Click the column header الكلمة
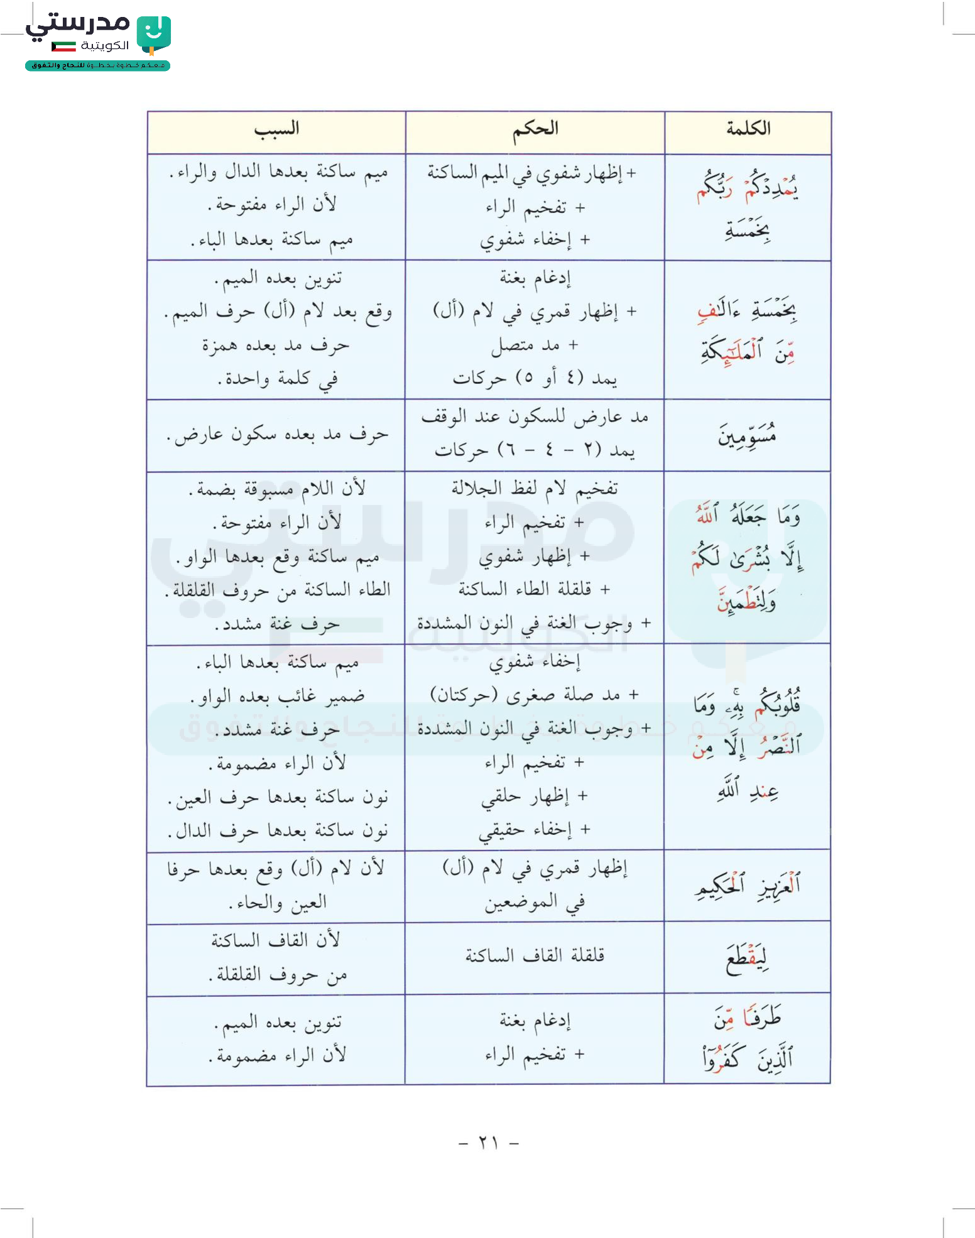[x=748, y=129]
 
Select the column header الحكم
[x=535, y=129]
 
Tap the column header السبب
[x=276, y=129]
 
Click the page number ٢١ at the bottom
[x=488, y=1143]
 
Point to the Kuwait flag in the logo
[x=63, y=46]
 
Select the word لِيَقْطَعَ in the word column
[x=747, y=958]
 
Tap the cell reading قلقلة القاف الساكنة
[x=535, y=955]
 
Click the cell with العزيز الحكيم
[x=748, y=885]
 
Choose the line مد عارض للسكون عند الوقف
[x=535, y=416]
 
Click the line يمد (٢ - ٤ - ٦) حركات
[x=535, y=450]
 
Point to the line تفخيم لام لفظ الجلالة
[x=535, y=488]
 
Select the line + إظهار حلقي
[x=535, y=796]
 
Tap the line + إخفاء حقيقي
[x=535, y=830]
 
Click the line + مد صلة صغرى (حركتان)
[x=535, y=695]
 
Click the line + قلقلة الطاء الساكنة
[x=535, y=589]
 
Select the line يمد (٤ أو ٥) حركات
[x=535, y=378]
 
